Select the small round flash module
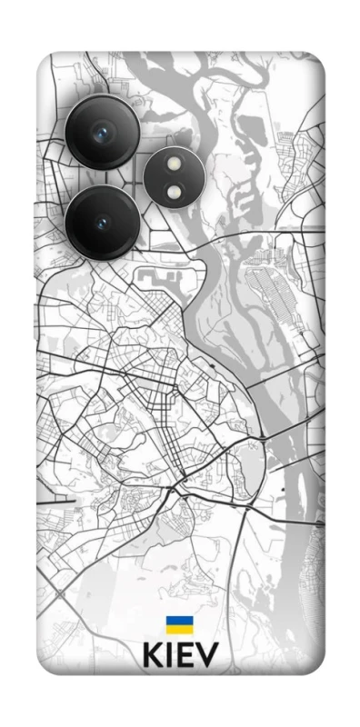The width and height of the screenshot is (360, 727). pos(174,177)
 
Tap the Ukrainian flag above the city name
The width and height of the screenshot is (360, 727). pos(178,625)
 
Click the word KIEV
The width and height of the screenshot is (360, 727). pos(180,656)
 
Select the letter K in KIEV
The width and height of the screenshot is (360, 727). pos(152,656)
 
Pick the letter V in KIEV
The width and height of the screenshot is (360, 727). pos(206,656)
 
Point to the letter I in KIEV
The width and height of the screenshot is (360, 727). pos(169,656)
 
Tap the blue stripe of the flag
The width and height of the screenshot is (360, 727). pos(178,622)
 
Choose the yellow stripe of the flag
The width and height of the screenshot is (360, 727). pos(178,629)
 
